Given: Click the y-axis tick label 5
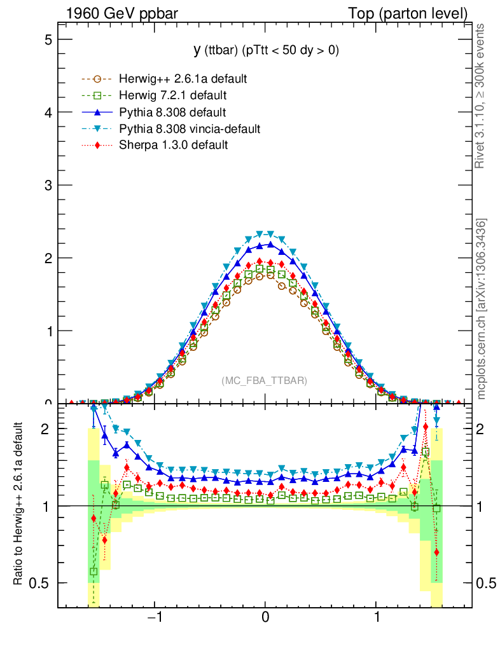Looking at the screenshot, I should coord(47,39).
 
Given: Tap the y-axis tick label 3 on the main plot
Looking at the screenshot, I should coord(47,185).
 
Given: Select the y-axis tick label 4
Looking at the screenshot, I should coord(47,113).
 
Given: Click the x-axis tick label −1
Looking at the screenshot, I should coord(153,617).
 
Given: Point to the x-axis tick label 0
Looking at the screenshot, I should coord(266,617).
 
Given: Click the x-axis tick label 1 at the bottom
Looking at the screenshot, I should coord(377,617).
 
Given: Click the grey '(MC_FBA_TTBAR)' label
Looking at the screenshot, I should coord(265,381).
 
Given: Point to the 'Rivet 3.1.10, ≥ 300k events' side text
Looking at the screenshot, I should coord(481,97).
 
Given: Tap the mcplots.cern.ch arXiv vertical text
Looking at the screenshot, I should coord(482,309).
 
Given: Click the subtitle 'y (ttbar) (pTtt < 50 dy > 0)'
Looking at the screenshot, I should coord(266,51).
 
